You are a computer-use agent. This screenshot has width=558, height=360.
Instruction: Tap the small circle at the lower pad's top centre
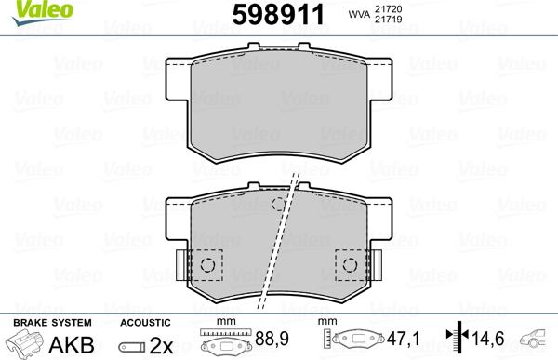tap(277, 205)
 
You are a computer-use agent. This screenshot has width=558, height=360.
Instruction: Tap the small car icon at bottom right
tap(540, 336)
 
